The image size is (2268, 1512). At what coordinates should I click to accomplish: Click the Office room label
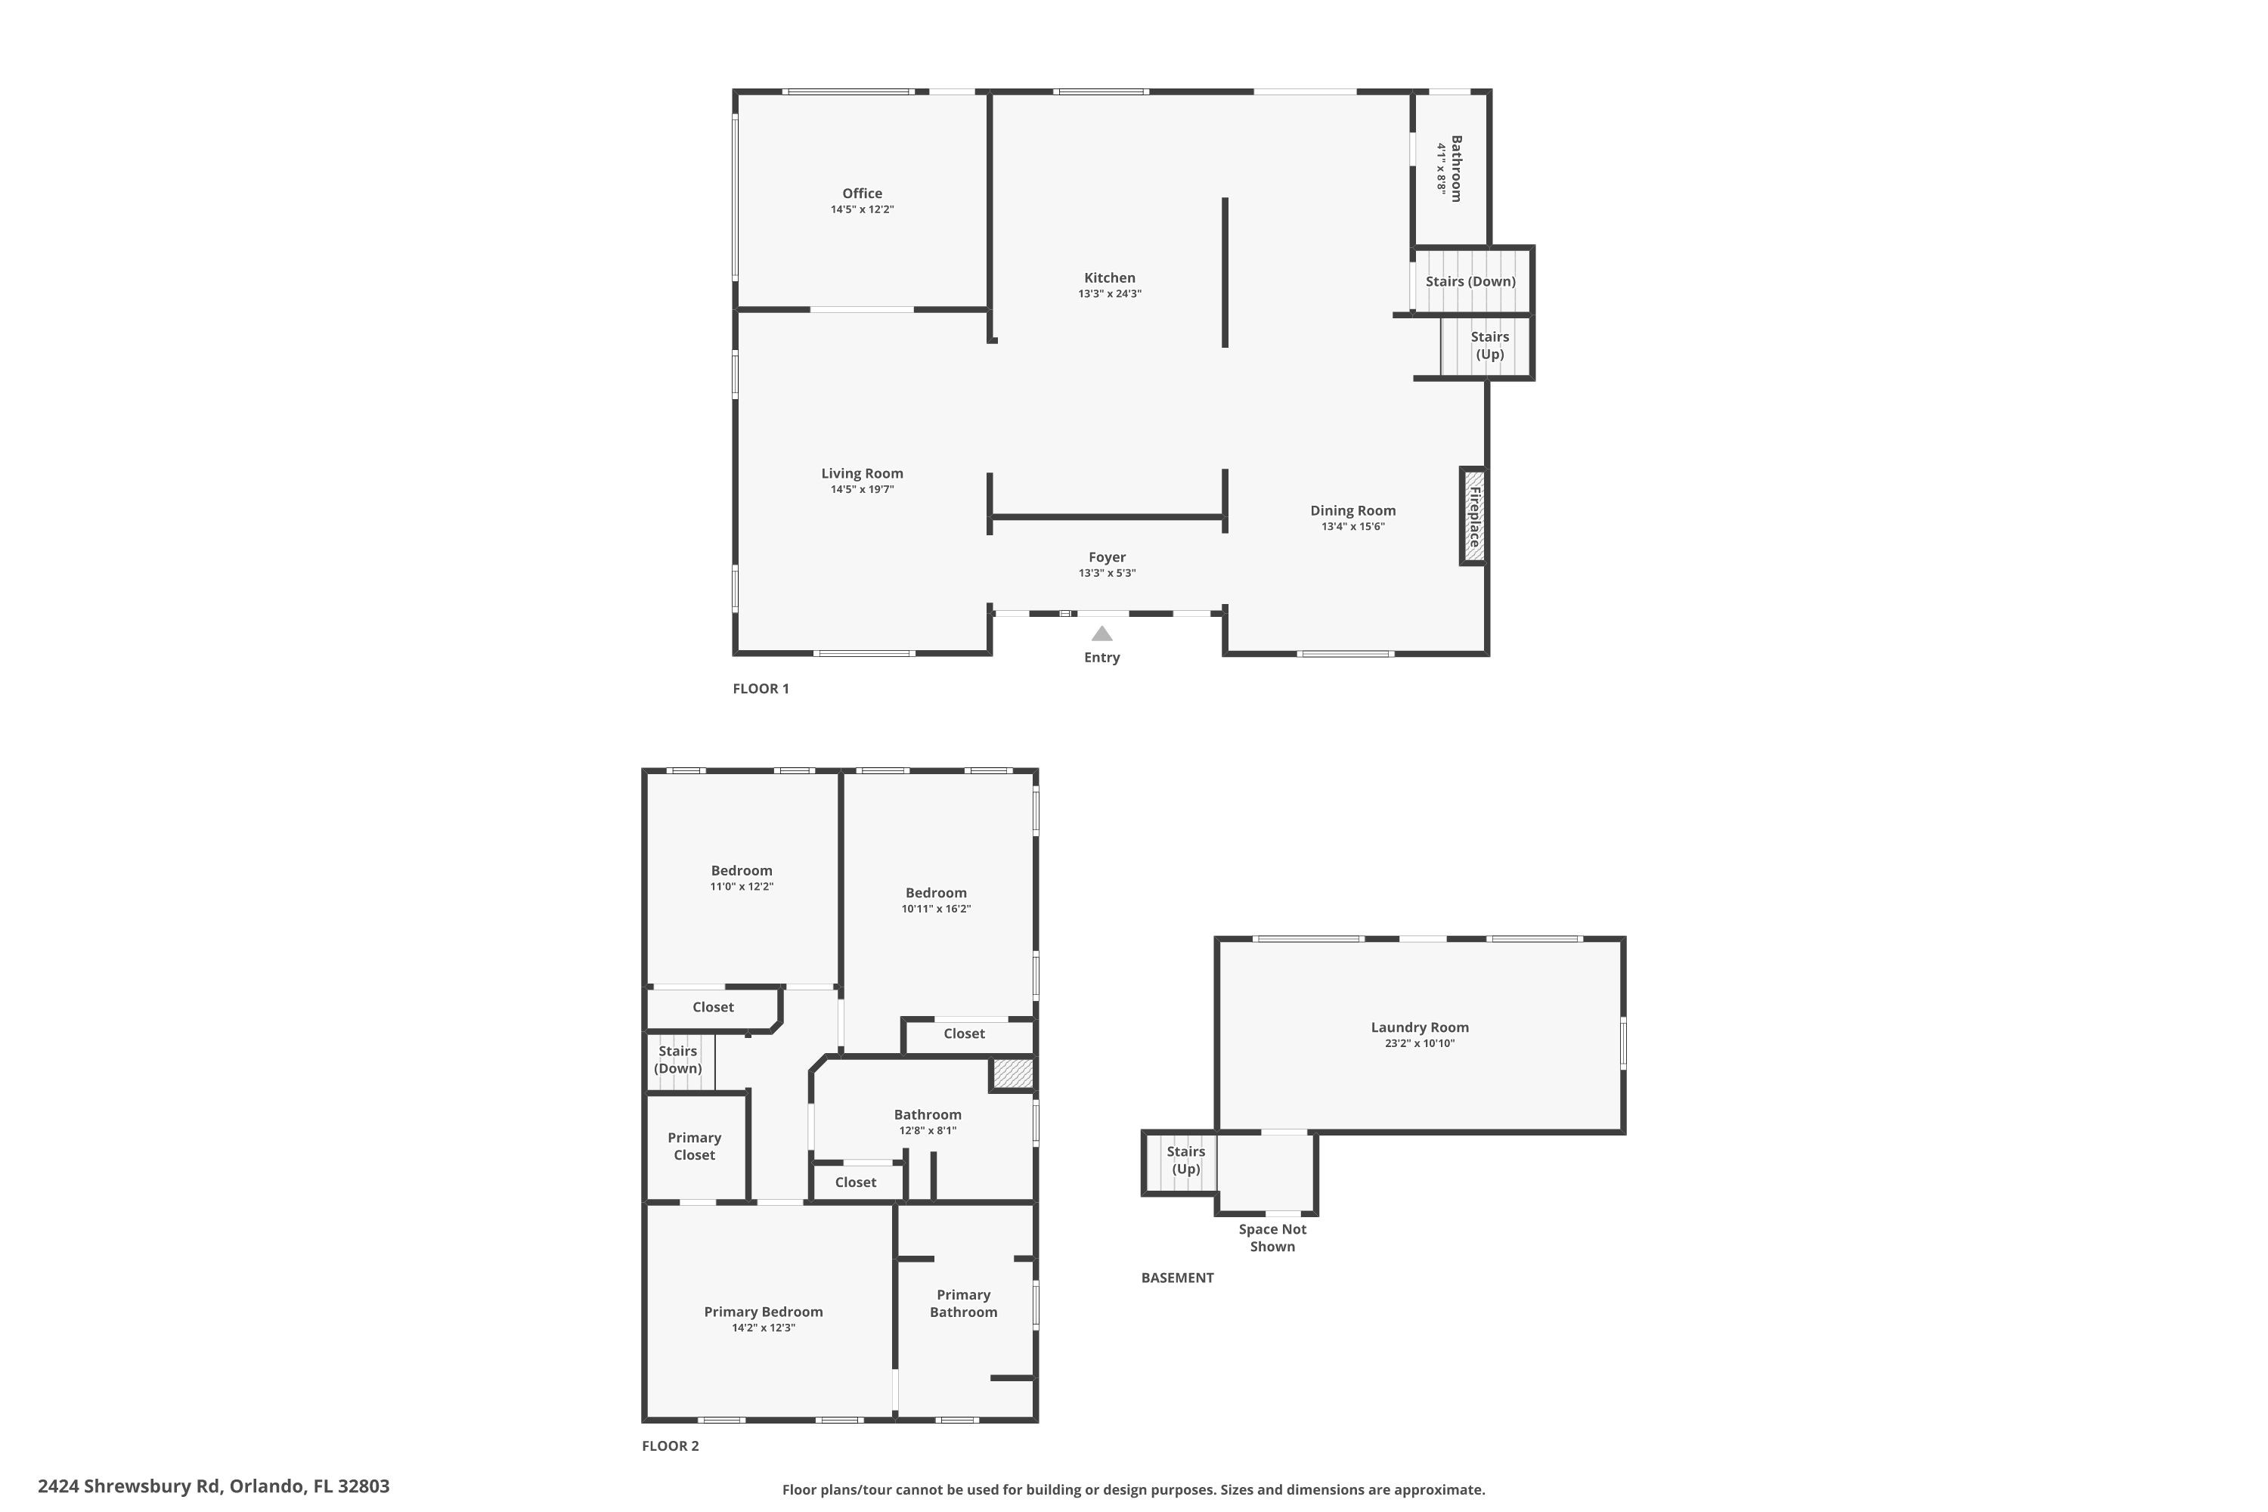click(861, 194)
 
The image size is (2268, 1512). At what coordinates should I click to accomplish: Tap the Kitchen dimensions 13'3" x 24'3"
click(1109, 294)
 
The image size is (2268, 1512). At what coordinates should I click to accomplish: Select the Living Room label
click(861, 473)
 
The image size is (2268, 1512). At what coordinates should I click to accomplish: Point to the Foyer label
click(1107, 557)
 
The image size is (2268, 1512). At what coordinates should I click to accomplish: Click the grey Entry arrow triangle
click(1101, 634)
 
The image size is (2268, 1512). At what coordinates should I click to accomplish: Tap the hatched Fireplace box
click(1473, 516)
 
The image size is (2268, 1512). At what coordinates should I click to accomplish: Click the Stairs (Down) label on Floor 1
click(1470, 281)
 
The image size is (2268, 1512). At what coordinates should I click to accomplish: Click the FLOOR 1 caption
click(761, 689)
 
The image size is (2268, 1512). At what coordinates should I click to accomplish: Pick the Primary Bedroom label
click(763, 1312)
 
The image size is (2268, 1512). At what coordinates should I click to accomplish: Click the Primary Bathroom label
click(963, 1303)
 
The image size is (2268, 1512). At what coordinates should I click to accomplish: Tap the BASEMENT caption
click(1176, 1278)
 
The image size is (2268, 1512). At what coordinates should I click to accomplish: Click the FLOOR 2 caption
click(670, 1445)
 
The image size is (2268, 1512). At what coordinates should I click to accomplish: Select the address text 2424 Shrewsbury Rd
click(129, 1486)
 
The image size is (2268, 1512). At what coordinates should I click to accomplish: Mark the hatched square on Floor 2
click(1012, 1074)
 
